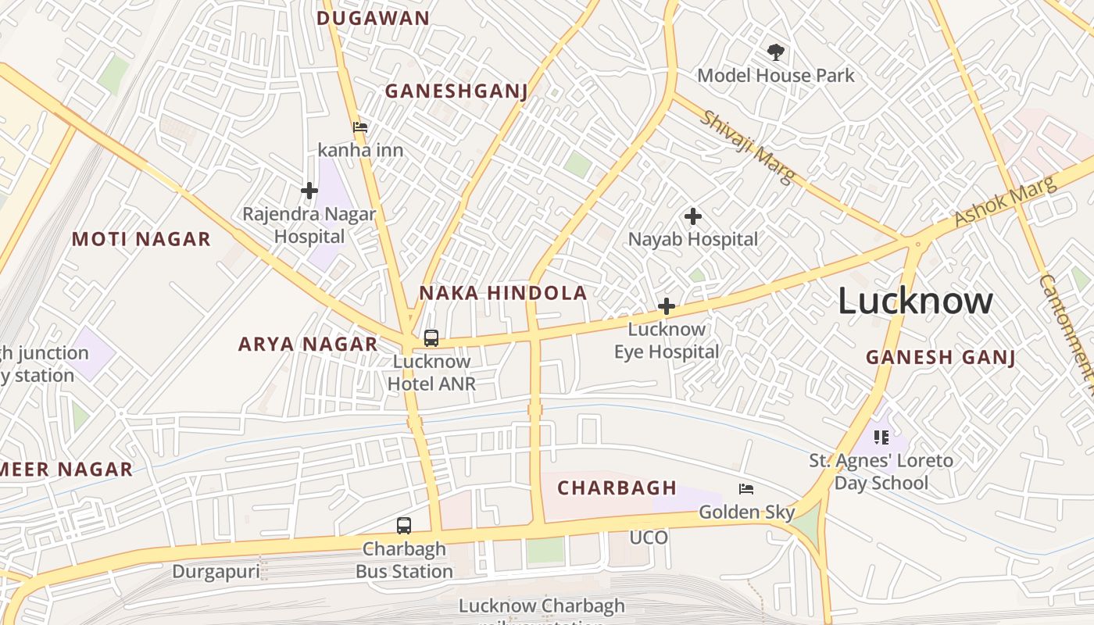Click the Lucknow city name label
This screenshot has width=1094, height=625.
tap(915, 302)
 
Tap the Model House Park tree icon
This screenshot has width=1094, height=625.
tap(775, 53)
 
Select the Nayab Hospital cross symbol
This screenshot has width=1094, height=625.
tap(692, 216)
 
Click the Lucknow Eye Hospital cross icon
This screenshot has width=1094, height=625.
tap(667, 306)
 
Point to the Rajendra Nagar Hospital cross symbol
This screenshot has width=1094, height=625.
tap(309, 191)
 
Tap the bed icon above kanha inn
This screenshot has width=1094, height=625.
tap(359, 127)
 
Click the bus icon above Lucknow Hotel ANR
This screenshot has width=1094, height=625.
tap(431, 338)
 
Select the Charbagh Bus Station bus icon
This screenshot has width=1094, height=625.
tap(404, 526)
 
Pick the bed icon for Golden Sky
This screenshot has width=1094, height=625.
tap(746, 490)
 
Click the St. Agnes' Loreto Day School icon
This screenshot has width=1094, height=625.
tap(881, 437)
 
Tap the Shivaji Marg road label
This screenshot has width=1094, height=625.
tap(745, 146)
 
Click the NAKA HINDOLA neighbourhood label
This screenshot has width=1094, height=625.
tap(502, 293)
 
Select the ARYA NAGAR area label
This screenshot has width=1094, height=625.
tap(308, 344)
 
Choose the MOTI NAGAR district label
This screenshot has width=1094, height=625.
tap(141, 239)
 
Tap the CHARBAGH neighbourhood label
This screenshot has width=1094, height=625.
tap(617, 488)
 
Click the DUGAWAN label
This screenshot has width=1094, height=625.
tap(374, 18)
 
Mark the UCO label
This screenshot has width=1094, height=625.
tap(649, 537)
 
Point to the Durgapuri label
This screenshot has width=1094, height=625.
tap(216, 571)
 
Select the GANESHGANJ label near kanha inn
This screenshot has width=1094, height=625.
tap(456, 91)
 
